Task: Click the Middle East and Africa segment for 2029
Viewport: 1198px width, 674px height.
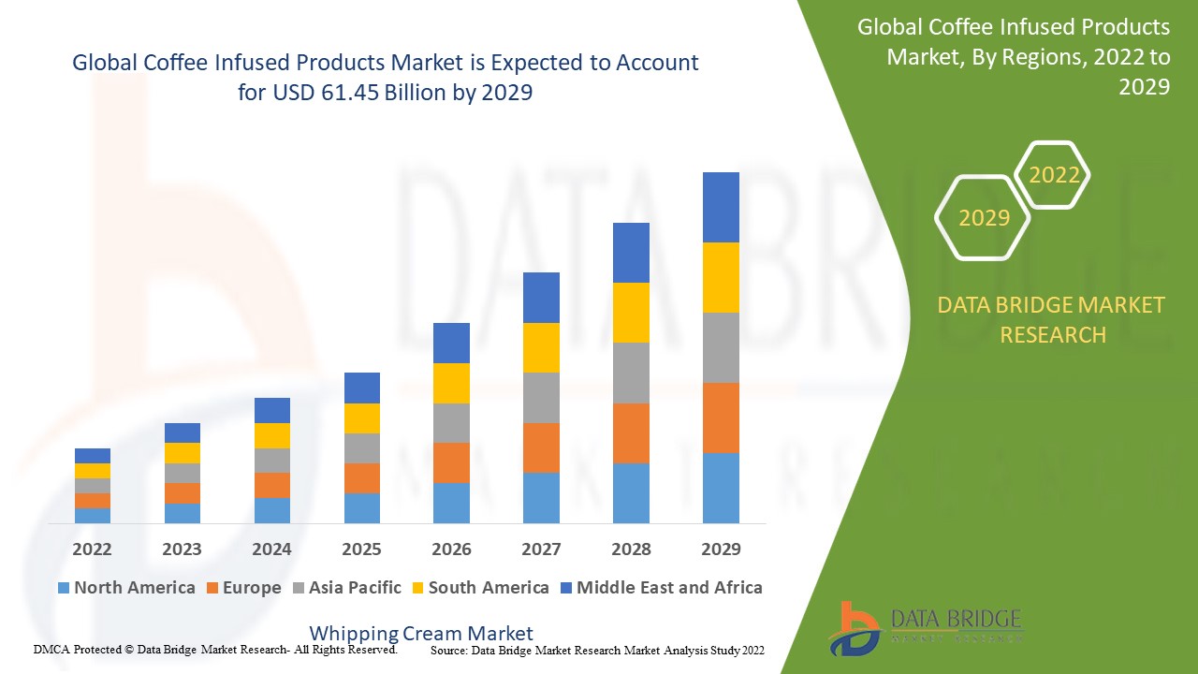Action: click(721, 207)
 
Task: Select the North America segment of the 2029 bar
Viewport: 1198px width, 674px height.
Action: click(721, 488)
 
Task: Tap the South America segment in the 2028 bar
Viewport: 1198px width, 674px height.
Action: click(631, 313)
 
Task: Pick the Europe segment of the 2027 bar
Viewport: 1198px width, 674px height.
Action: click(541, 447)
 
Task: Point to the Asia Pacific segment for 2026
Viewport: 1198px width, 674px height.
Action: click(451, 423)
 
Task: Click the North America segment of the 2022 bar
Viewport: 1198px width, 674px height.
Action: click(93, 515)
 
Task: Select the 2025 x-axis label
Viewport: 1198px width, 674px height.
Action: click(361, 549)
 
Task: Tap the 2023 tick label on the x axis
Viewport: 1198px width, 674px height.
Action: click(182, 549)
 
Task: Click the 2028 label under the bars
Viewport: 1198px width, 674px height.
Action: click(631, 549)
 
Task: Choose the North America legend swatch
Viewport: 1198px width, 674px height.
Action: click(64, 588)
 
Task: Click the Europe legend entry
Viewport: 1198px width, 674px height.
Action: click(242, 588)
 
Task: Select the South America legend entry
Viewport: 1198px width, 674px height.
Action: click(478, 588)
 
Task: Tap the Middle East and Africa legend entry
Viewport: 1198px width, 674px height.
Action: click(660, 588)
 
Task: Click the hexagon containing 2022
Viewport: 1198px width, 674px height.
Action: click(1054, 175)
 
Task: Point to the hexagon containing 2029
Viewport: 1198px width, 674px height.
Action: click(984, 218)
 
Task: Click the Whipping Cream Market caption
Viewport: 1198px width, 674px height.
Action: click(421, 634)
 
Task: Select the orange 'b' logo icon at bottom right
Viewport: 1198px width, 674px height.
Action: click(853, 627)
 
